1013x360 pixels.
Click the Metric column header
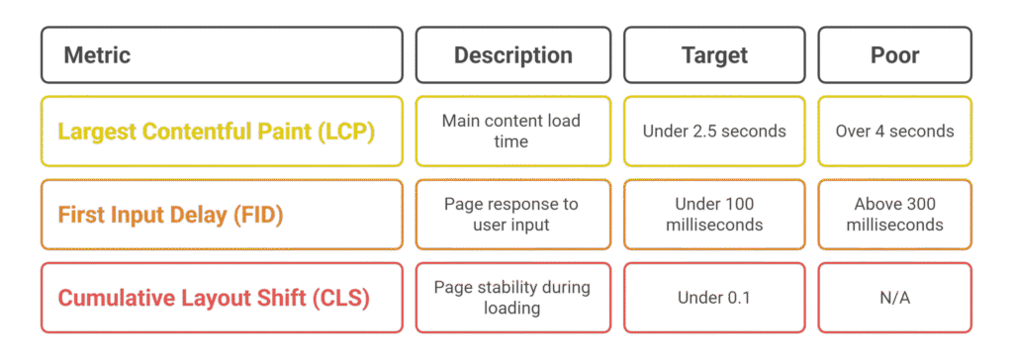pos(97,54)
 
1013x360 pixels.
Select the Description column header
pos(512,54)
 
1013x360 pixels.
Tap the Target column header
pos(714,54)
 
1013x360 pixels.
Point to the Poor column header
pos(894,54)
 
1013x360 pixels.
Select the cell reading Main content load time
pos(511,131)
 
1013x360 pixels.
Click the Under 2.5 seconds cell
pos(714,131)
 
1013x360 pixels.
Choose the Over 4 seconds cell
pos(894,131)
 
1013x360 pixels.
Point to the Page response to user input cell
pos(511,214)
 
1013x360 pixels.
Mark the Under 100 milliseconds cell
pos(714,214)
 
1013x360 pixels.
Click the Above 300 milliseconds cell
pos(894,214)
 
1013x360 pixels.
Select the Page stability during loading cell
pos(511,297)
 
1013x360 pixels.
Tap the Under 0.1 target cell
pos(714,297)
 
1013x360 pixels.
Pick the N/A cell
pos(894,297)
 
